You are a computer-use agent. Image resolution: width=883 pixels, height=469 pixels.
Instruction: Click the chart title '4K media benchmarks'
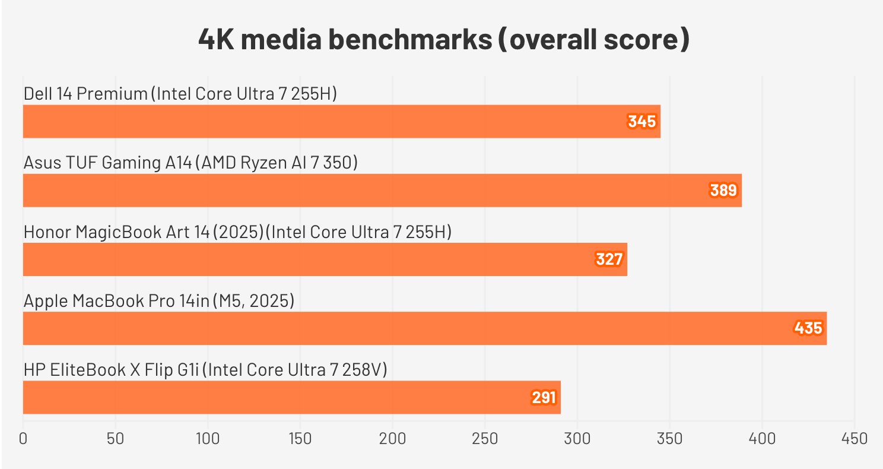tap(444, 40)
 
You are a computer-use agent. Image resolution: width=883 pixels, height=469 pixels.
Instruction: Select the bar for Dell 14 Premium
tap(341, 122)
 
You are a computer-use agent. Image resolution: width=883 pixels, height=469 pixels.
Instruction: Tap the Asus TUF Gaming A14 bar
tap(382, 191)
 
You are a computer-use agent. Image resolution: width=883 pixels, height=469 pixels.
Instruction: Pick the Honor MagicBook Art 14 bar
tap(325, 259)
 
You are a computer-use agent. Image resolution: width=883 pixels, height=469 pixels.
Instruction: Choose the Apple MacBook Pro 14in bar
tap(424, 328)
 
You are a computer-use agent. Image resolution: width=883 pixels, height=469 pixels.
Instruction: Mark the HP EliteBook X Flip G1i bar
tap(291, 397)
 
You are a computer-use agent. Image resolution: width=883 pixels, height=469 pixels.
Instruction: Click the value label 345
tap(642, 122)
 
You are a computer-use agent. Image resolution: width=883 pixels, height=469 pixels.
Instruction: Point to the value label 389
tap(723, 191)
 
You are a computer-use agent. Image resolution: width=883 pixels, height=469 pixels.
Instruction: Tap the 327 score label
tap(609, 259)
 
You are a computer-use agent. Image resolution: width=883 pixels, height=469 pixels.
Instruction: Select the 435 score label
tap(808, 328)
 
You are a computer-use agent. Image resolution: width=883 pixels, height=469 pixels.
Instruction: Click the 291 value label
tap(543, 397)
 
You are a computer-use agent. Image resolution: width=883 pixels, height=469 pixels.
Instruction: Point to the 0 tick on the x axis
tap(23, 439)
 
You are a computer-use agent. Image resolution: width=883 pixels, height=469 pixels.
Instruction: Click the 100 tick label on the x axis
tap(208, 439)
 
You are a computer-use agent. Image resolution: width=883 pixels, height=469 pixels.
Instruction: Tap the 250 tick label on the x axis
tap(485, 439)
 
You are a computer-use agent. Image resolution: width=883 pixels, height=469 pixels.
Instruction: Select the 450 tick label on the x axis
tap(855, 439)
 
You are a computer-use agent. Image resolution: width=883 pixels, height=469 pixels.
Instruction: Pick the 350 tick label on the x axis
tap(670, 439)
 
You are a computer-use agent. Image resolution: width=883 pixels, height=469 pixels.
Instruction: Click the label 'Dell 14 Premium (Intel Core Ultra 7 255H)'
tap(180, 94)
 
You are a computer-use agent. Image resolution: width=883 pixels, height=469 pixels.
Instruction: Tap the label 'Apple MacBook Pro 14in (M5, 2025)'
tap(159, 301)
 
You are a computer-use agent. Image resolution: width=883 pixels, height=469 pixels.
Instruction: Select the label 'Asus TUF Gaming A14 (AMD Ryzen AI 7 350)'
tap(190, 163)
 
